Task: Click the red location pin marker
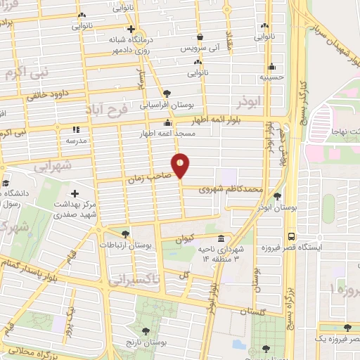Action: coord(181,165)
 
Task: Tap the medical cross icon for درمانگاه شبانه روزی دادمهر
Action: coord(131,29)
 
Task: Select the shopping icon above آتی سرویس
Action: coord(200,37)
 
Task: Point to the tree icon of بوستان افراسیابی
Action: coord(166,93)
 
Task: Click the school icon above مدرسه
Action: coord(77,129)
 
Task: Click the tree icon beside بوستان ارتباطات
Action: coord(125,234)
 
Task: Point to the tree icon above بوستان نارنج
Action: coord(146,330)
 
